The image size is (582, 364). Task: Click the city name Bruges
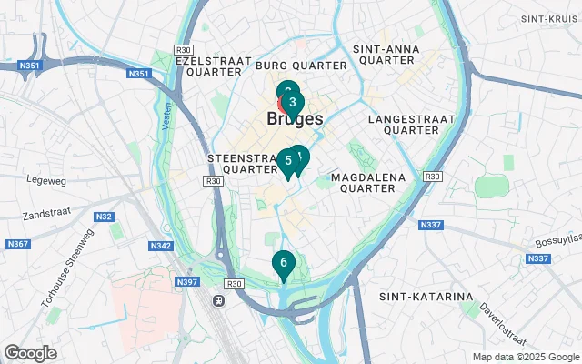pyautogui.click(x=296, y=119)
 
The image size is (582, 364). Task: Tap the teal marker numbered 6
pyautogui.click(x=284, y=263)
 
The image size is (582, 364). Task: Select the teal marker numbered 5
pyautogui.click(x=287, y=161)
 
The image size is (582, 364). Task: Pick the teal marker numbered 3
pyautogui.click(x=291, y=101)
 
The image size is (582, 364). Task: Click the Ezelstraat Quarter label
pyautogui.click(x=214, y=66)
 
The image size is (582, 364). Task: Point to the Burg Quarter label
pyautogui.click(x=301, y=66)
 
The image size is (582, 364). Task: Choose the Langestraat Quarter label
pyautogui.click(x=404, y=125)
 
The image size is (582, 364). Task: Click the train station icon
pyautogui.click(x=218, y=299)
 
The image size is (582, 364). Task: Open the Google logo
pyautogui.click(x=30, y=353)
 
